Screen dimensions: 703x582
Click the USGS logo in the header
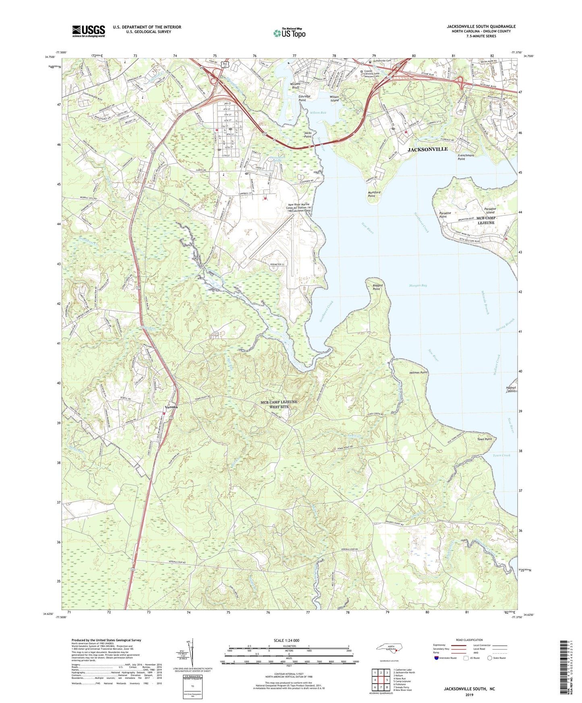88,31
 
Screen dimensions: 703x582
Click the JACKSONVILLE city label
427,149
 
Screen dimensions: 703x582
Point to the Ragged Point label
377,287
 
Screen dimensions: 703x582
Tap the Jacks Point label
308,134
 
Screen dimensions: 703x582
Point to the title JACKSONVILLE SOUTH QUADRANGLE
481,27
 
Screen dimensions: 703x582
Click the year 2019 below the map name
469,695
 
